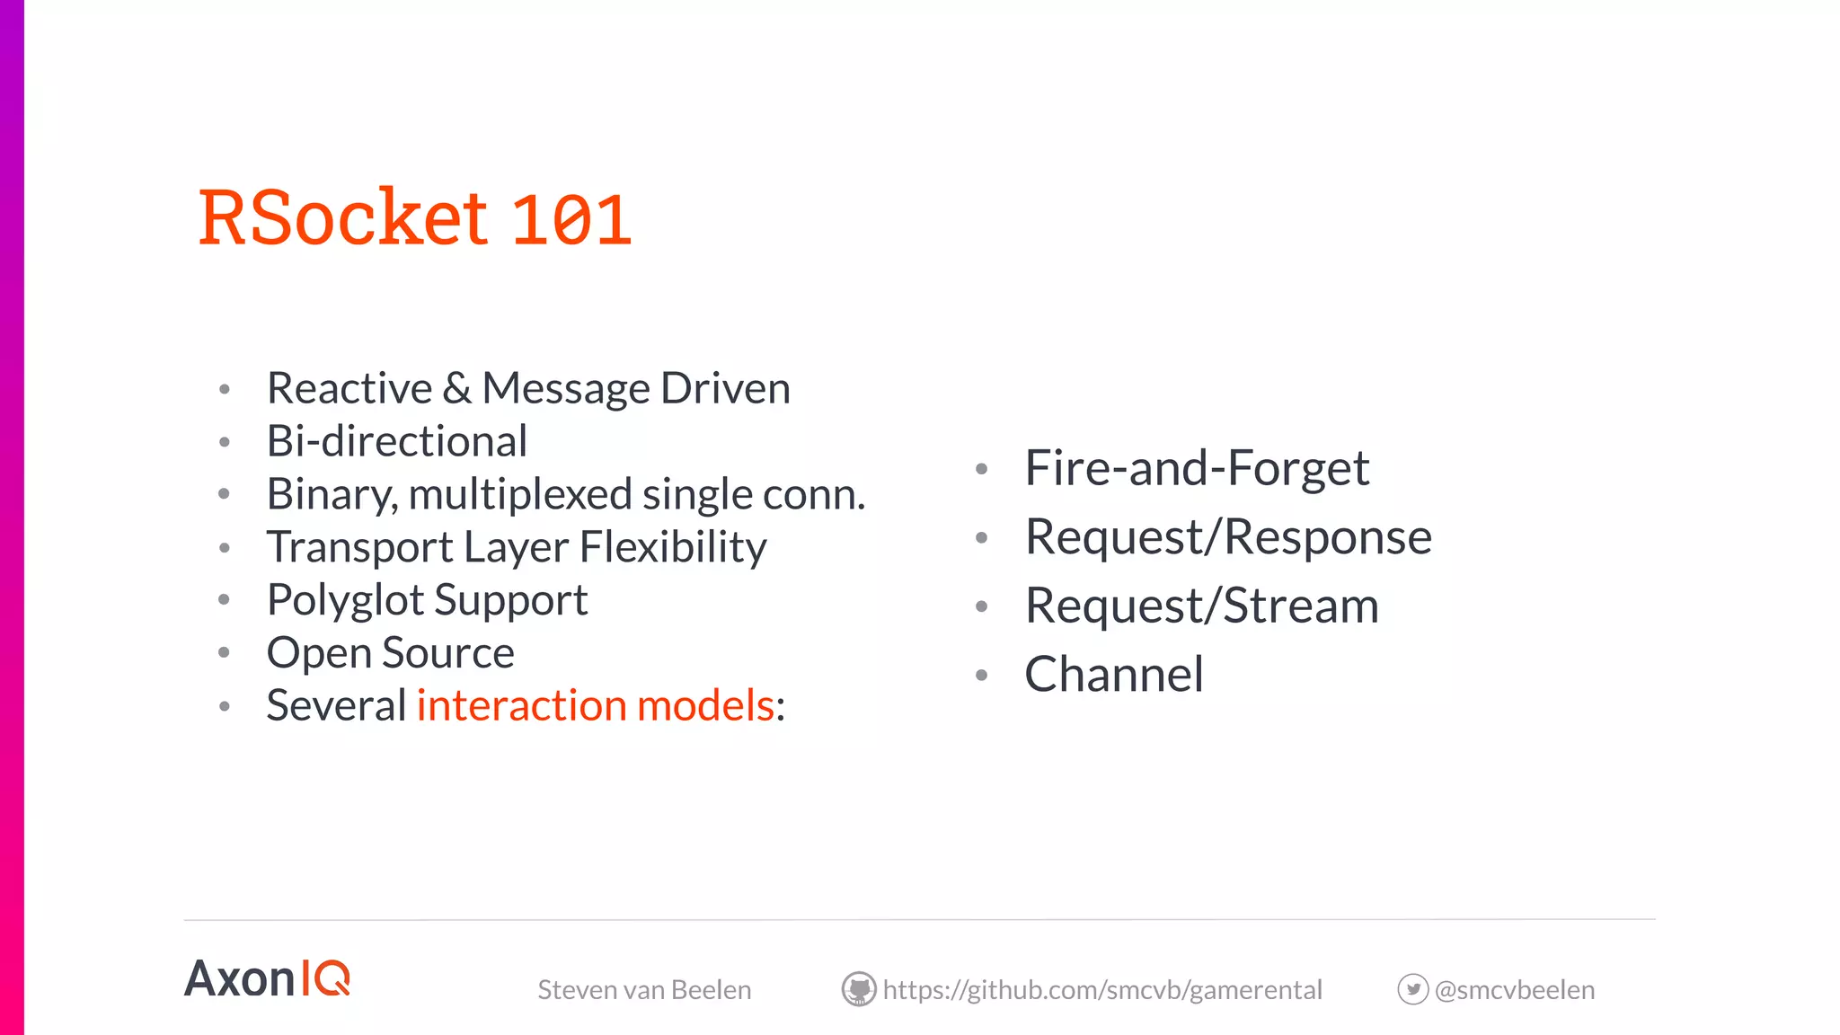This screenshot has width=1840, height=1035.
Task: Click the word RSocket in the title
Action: click(343, 217)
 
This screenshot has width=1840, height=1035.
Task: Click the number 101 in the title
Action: click(571, 220)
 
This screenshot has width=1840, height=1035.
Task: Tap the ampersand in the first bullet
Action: click(456, 388)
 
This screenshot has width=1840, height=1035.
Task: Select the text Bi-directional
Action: click(396, 441)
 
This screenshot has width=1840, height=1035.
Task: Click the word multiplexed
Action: click(520, 495)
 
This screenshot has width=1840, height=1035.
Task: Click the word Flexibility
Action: click(673, 547)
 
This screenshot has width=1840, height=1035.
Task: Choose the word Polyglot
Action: click(345, 600)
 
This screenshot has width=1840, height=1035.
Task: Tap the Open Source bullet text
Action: click(390, 652)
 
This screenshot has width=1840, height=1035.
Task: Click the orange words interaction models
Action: click(595, 705)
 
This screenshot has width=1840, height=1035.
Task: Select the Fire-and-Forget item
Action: click(1196, 468)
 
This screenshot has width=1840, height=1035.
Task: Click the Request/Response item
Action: click(1227, 537)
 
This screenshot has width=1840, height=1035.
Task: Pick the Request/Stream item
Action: click(1201, 606)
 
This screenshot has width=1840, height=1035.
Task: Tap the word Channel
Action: click(1113, 674)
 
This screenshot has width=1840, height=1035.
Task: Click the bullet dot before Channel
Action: click(981, 675)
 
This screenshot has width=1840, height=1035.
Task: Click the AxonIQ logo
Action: click(267, 978)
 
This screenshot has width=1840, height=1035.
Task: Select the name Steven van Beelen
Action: click(644, 990)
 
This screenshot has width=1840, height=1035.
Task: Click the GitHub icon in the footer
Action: click(859, 989)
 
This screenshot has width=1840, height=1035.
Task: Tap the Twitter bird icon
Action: click(1412, 989)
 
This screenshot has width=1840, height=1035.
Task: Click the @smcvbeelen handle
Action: click(1515, 990)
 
